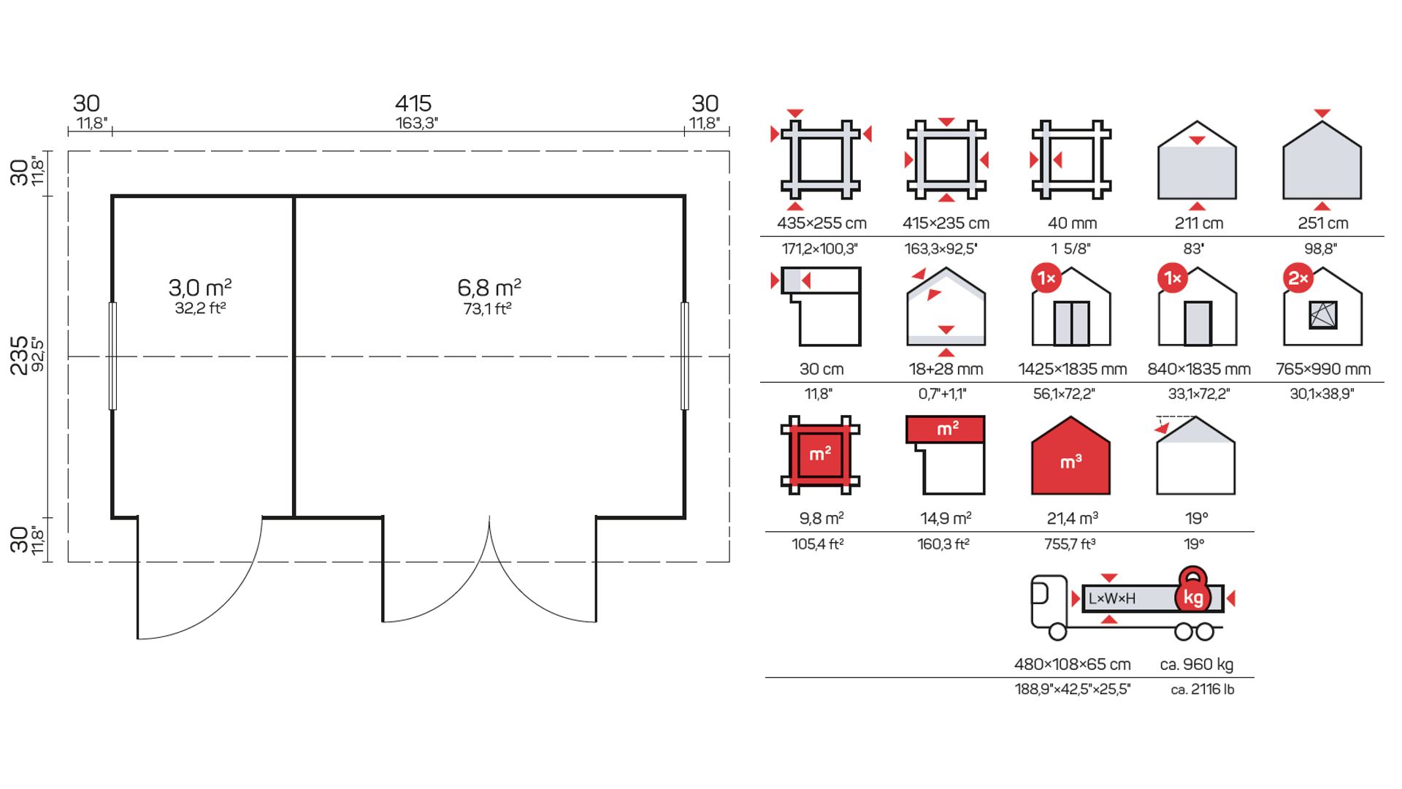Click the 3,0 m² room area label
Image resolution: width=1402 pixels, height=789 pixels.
[200, 287]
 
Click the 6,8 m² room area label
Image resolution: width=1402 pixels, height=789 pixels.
[489, 287]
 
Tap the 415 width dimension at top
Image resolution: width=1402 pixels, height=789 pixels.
[413, 103]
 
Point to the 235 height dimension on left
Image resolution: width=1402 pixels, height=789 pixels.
[19, 355]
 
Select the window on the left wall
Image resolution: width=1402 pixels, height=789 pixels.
[112, 356]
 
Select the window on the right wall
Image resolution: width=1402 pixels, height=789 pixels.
[685, 356]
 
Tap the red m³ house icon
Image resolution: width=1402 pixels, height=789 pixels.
[1070, 456]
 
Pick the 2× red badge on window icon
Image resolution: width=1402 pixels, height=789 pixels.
[1298, 278]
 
